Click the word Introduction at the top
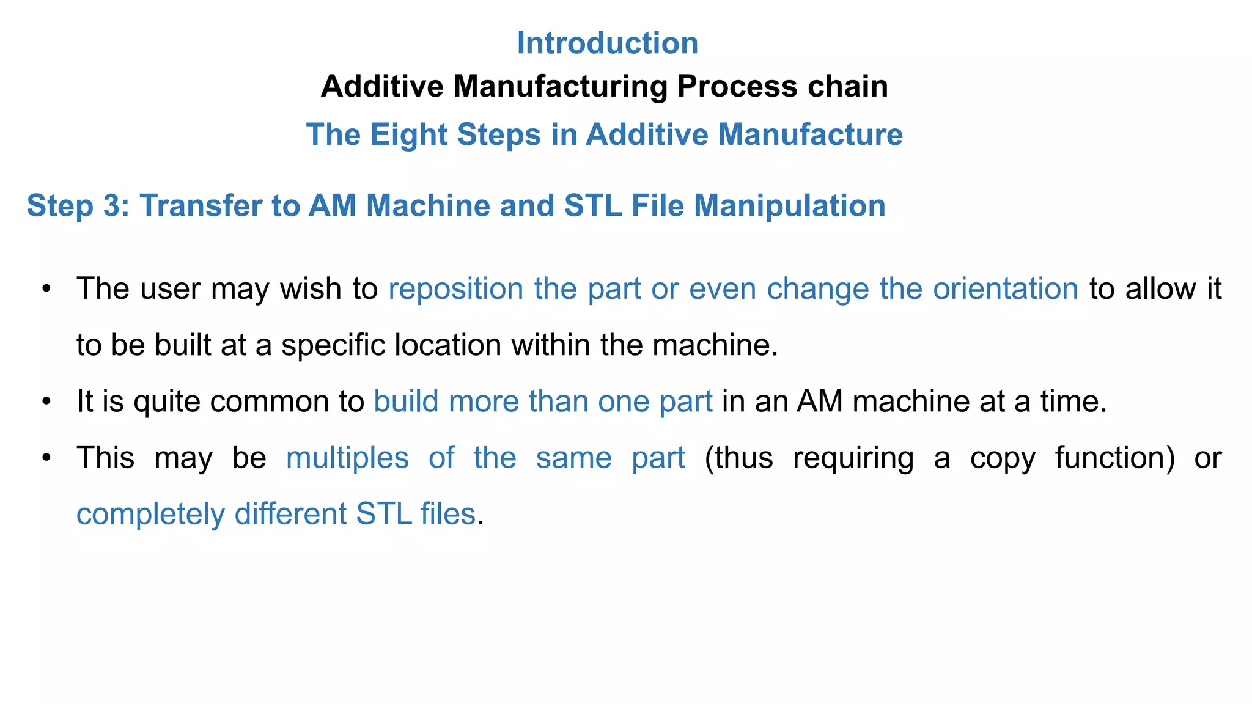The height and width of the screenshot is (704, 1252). [607, 43]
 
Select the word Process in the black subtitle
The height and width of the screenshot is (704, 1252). [737, 86]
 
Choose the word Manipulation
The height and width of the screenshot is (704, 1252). [789, 206]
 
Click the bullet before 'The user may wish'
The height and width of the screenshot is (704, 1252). [46, 288]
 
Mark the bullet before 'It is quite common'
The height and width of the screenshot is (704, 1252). [46, 402]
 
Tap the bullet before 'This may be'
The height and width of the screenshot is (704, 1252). [46, 458]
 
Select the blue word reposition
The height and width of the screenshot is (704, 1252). [456, 289]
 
